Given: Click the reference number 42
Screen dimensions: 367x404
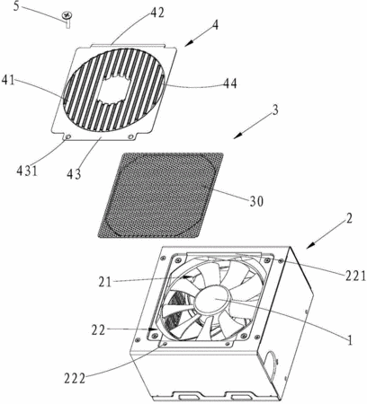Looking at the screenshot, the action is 157,13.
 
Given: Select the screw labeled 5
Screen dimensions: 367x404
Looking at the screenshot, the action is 66,19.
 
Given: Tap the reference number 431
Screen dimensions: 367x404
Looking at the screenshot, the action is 27,171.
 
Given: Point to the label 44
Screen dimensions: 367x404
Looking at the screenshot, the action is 229,83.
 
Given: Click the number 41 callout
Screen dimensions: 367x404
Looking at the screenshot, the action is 8,81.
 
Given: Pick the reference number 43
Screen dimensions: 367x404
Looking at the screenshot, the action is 74,174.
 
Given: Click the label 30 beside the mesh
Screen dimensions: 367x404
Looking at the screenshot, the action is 256,201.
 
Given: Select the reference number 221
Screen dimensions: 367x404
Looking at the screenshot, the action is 355,276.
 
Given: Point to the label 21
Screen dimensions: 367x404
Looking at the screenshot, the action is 105,282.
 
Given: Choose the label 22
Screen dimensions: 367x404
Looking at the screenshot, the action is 99,330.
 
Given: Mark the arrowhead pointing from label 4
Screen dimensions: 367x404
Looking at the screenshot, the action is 189,44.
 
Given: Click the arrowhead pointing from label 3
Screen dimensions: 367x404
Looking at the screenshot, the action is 237,136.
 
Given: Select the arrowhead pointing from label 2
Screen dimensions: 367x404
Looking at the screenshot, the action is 310,245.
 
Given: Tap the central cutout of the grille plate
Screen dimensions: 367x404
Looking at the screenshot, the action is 114,89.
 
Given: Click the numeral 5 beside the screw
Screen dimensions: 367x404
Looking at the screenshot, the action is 16,6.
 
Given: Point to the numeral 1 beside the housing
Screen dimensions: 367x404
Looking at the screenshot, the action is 349,340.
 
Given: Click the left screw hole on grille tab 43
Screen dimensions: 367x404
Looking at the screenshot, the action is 67,136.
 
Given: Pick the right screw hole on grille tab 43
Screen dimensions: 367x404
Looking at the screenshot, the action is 130,136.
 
